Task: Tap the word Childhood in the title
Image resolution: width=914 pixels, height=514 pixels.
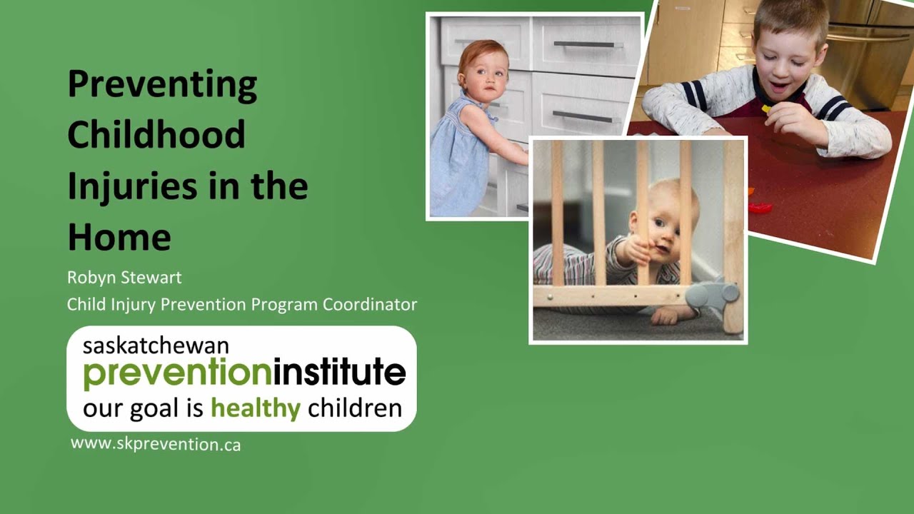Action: pos(156,134)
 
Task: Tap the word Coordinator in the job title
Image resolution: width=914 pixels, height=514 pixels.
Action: pos(370,304)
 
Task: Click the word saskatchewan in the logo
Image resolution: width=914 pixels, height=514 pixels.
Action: pos(156,346)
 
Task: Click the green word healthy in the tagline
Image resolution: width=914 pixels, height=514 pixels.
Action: pos(255,408)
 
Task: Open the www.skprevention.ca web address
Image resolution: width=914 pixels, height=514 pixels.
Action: pos(156,444)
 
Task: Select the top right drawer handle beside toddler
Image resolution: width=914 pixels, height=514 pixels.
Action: pos(583,44)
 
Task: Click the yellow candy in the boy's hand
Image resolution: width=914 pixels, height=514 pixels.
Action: pos(767,109)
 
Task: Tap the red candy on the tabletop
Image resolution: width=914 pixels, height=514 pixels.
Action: pos(760,208)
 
